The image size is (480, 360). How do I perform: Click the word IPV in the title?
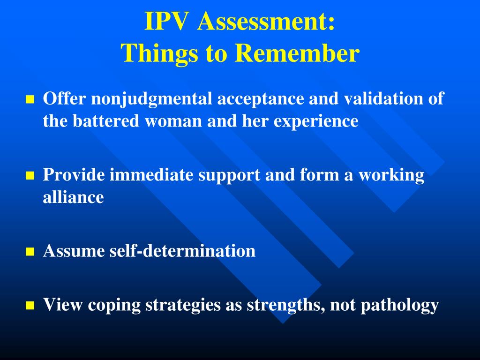point(166,22)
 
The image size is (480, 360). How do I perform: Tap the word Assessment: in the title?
point(266,22)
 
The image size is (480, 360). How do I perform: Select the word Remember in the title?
point(297,54)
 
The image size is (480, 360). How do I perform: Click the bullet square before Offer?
point(30,99)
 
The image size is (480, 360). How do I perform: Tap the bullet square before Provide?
point(30,176)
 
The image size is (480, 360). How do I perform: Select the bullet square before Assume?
point(30,252)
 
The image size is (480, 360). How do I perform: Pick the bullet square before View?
point(30,306)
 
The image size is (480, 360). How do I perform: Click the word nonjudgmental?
point(150,99)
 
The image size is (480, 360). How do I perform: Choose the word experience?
point(316,122)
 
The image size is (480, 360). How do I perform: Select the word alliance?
point(73,197)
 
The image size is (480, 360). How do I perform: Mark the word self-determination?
point(182,251)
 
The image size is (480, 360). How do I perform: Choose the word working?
point(391,176)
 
